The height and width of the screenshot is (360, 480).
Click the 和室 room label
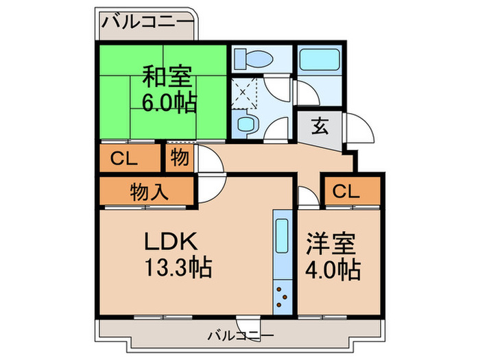click(x=167, y=75)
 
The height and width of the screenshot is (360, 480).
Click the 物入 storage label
click(x=149, y=193)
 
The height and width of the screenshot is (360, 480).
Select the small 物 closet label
click(x=180, y=158)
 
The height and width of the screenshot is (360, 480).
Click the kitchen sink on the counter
click(x=282, y=237)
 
